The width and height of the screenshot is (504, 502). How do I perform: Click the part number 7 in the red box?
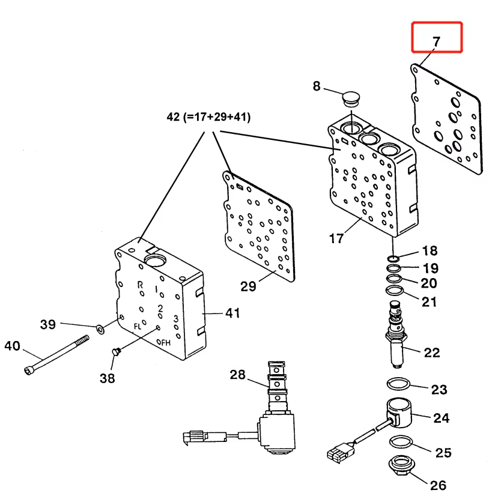tap(436, 41)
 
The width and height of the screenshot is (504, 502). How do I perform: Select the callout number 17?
tap(336, 238)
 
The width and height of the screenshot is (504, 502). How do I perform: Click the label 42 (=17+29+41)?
tap(208, 117)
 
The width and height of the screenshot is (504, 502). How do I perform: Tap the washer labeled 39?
tap(99, 328)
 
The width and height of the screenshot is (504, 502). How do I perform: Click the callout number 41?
tap(232, 312)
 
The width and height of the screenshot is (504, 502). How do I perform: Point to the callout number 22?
tap(432, 352)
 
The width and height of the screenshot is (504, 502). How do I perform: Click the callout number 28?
tap(238, 375)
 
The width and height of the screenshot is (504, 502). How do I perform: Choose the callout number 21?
tap(429, 302)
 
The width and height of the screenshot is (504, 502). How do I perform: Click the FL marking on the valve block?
tap(138, 327)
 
